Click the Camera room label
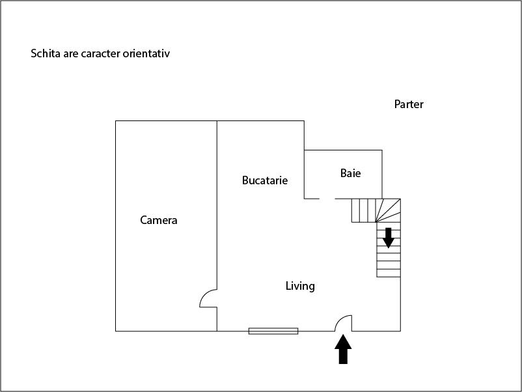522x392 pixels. tap(158, 220)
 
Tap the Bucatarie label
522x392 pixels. tap(265, 180)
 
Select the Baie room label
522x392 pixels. tap(350, 173)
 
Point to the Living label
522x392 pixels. tap(300, 286)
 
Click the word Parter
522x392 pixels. tap(409, 104)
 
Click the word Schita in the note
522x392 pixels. tap(46, 53)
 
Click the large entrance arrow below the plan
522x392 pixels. tap(343, 350)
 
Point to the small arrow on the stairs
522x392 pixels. tap(388, 238)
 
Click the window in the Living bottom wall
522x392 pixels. tap(273, 331)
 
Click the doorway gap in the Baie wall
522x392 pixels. tap(327, 199)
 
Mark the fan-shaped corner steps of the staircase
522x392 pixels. tap(388, 210)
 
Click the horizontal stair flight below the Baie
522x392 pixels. tap(364, 210)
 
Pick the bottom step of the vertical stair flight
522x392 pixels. tap(389, 273)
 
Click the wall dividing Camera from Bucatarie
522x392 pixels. tap(217, 205)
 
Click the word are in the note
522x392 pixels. tap(70, 54)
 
